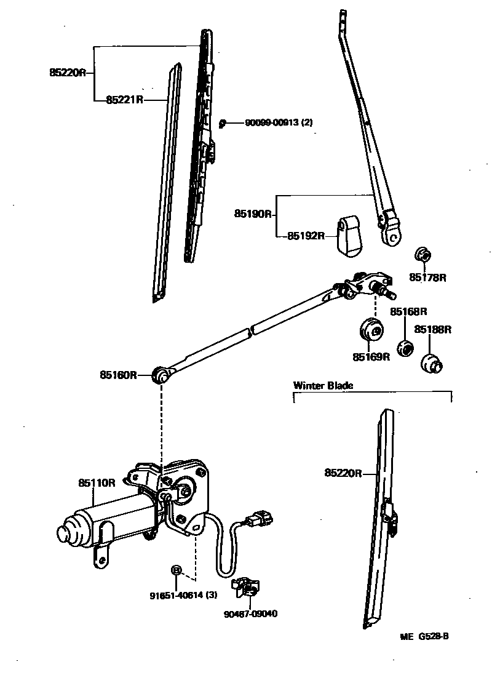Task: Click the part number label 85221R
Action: coord(124,99)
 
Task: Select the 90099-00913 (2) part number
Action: coord(279,122)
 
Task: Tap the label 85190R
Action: coord(252,214)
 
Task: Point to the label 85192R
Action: coord(305,236)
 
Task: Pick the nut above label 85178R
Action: coord(423,255)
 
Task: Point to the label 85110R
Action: coord(97,483)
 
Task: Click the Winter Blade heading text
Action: coord(323,386)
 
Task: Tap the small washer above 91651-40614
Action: coord(177,570)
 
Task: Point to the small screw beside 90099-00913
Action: coord(224,123)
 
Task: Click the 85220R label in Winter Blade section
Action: coord(343,473)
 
